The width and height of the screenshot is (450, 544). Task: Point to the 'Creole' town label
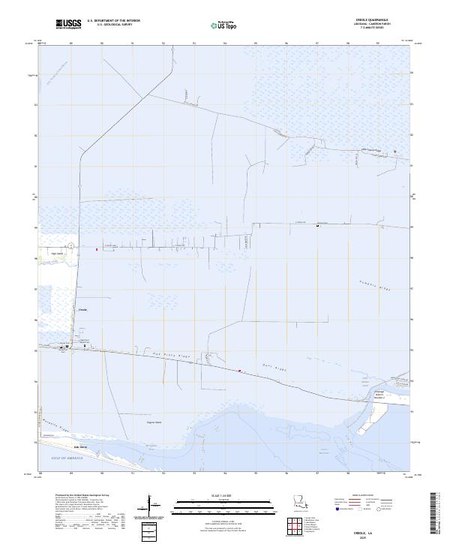[x=83, y=308]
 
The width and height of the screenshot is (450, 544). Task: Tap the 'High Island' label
[x=55, y=253]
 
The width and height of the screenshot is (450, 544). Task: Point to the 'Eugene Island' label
[x=153, y=422]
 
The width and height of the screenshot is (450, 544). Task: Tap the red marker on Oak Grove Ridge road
[x=239, y=371]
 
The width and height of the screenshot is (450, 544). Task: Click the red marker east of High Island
[x=97, y=249]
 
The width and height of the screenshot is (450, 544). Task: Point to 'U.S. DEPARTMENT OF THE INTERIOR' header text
[x=113, y=21]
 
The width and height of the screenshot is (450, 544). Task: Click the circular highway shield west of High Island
[x=70, y=246]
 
